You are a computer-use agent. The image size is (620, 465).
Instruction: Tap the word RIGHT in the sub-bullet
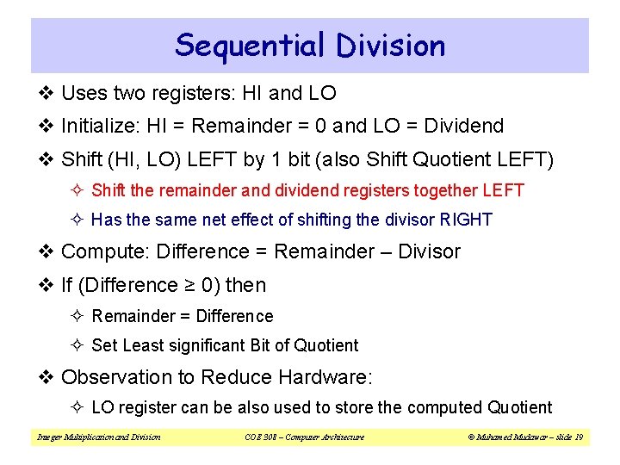(466, 220)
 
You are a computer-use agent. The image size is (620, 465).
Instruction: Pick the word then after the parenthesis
(246, 285)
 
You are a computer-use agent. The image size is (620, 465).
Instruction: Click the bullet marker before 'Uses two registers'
(49, 93)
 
